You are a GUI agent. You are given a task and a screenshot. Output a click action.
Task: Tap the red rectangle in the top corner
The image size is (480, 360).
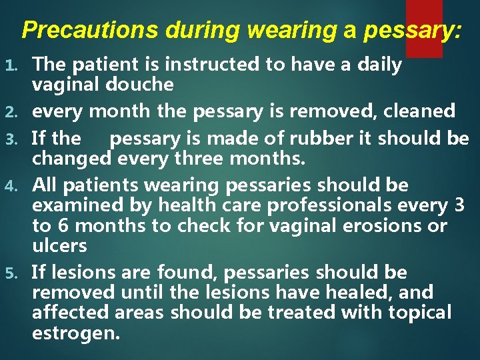(424, 28)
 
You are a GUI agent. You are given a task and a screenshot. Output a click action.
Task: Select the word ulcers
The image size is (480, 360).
(59, 246)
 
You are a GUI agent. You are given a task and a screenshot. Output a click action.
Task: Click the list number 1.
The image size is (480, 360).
(11, 65)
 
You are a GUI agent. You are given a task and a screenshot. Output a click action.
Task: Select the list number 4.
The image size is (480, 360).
(11, 185)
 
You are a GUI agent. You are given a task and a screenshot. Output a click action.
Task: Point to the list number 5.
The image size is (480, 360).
(11, 273)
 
